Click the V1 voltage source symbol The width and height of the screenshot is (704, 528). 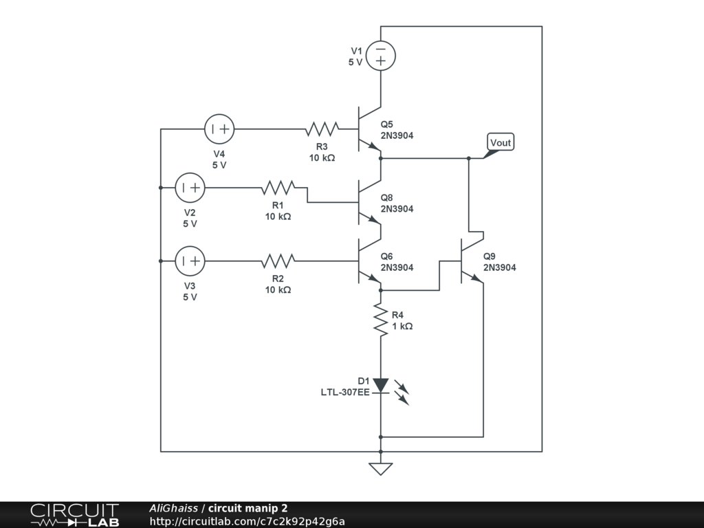[x=381, y=56]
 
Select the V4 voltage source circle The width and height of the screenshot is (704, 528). [x=219, y=129]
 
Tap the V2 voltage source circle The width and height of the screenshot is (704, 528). [x=190, y=188]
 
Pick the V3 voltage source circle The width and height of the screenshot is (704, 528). [x=190, y=261]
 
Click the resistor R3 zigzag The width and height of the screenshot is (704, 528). [x=322, y=129]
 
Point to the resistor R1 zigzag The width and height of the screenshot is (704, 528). [x=278, y=188]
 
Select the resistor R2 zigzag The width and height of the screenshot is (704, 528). [x=278, y=261]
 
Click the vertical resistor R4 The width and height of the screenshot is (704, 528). [x=381, y=320]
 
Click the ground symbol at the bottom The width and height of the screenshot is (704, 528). [x=381, y=469]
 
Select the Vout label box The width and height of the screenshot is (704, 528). [x=500, y=142]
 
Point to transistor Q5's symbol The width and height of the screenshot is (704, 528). [x=369, y=129]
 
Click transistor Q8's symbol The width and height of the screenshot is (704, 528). [x=369, y=202]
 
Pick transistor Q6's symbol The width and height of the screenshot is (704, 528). [x=369, y=261]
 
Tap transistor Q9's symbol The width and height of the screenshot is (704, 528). [x=472, y=261]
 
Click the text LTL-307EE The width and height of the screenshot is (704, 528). [x=345, y=393]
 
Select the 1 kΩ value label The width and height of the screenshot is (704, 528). [x=402, y=327]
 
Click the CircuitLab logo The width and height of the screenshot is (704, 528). [x=75, y=515]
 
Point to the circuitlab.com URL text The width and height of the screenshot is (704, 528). [x=247, y=521]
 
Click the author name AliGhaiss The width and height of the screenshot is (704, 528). [x=173, y=508]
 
